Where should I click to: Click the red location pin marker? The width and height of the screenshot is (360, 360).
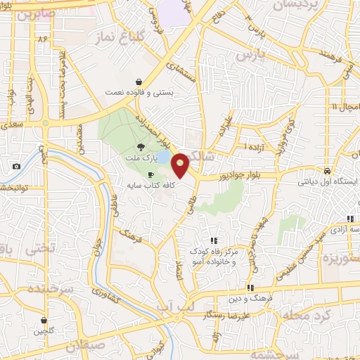click(x=181, y=166)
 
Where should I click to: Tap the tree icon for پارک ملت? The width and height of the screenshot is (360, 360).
click(x=141, y=147)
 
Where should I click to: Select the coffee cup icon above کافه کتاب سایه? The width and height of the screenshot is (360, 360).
click(x=150, y=175)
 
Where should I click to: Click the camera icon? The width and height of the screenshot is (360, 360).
click(x=16, y=167)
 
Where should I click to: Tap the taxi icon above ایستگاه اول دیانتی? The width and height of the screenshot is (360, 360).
click(x=328, y=171)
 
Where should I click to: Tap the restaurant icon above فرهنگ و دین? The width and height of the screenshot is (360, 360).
click(x=250, y=288)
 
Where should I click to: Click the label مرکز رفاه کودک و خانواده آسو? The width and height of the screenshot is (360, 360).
click(x=214, y=255)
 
